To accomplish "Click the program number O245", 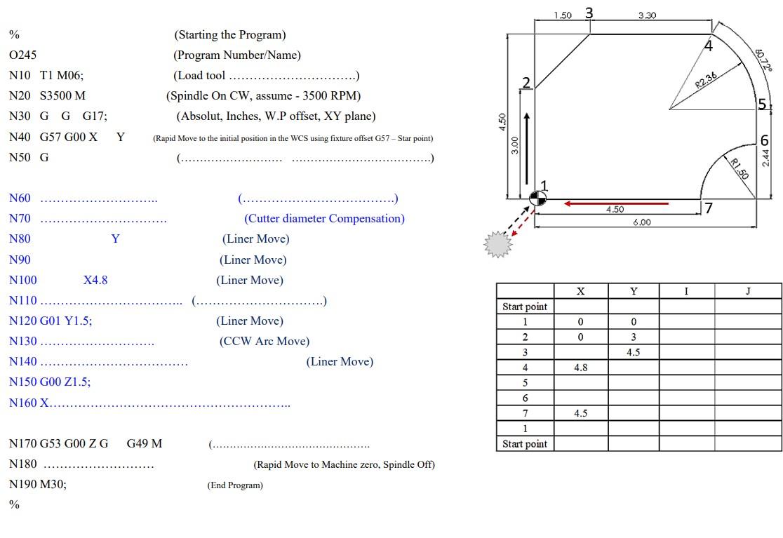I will coord(22,55).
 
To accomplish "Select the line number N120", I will coord(22,321).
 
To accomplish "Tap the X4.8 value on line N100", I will coord(95,280).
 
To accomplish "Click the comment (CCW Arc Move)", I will coord(264,341).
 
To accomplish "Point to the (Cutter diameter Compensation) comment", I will coord(324,218).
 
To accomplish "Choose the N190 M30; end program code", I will coord(38,483).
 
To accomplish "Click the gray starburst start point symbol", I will coord(497,244).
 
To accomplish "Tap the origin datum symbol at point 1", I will coord(537,199).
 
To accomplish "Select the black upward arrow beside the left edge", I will coord(526,148).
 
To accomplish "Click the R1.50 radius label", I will coord(739,169).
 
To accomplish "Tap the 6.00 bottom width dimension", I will coord(641,222).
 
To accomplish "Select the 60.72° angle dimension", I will coord(763,60).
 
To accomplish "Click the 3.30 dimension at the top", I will coord(647,15).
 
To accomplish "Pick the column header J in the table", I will coord(748,291).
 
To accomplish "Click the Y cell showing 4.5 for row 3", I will coord(633,352).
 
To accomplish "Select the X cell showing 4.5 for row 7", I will coord(580,413).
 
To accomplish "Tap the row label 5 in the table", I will coord(525,383).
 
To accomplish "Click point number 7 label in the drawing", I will coord(709,208).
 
